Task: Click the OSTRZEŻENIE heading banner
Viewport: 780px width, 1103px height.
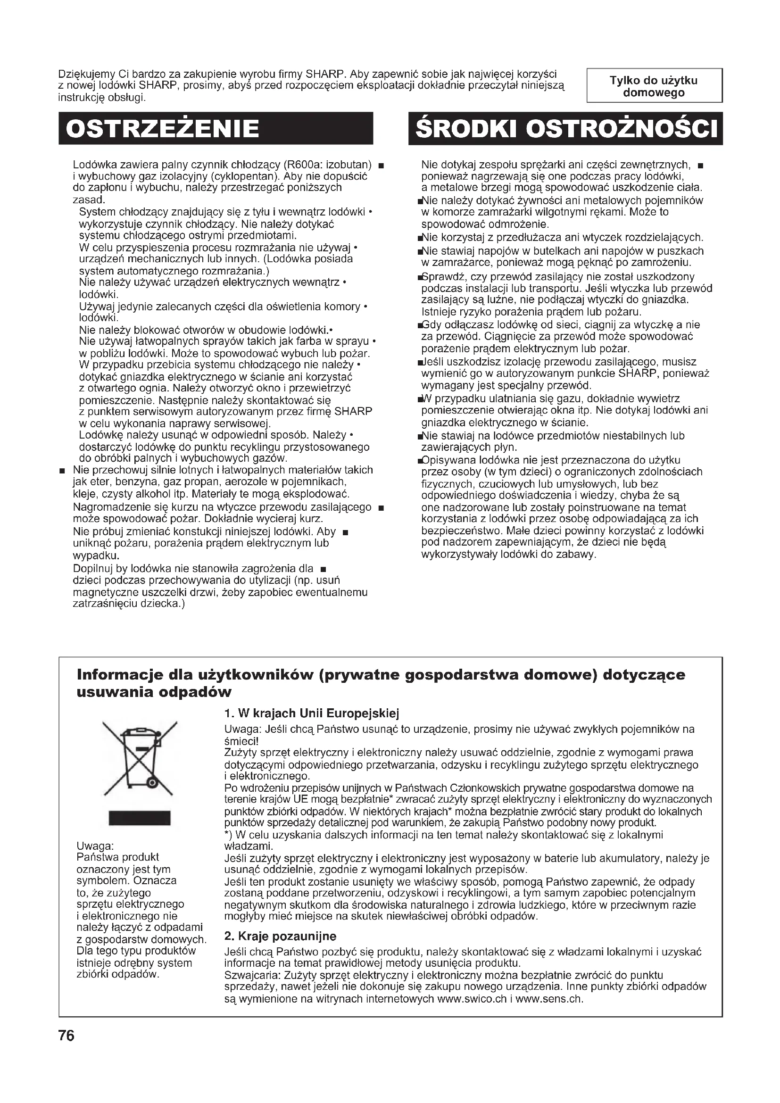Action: coord(216,128)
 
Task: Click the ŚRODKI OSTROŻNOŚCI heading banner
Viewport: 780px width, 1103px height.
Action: coord(565,128)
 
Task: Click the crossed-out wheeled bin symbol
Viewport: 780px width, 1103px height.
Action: coord(139,760)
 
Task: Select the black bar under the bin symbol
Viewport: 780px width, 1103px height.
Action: coord(139,818)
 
